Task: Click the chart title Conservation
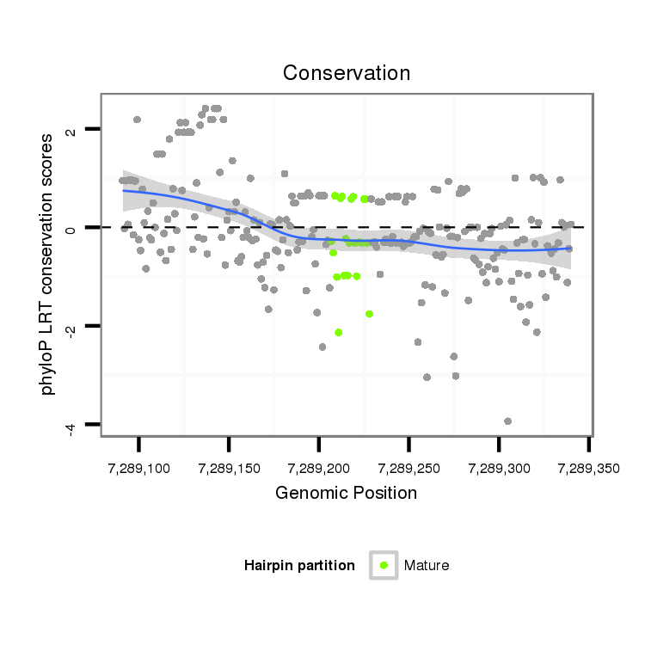(x=347, y=73)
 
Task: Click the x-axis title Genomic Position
(x=347, y=493)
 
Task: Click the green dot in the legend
(x=384, y=565)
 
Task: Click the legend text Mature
(x=427, y=565)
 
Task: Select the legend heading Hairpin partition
(x=299, y=565)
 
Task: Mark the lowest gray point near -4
(x=507, y=421)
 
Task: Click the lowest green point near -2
(x=339, y=332)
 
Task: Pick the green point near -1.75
(x=369, y=314)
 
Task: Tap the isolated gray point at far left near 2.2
(x=137, y=120)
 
